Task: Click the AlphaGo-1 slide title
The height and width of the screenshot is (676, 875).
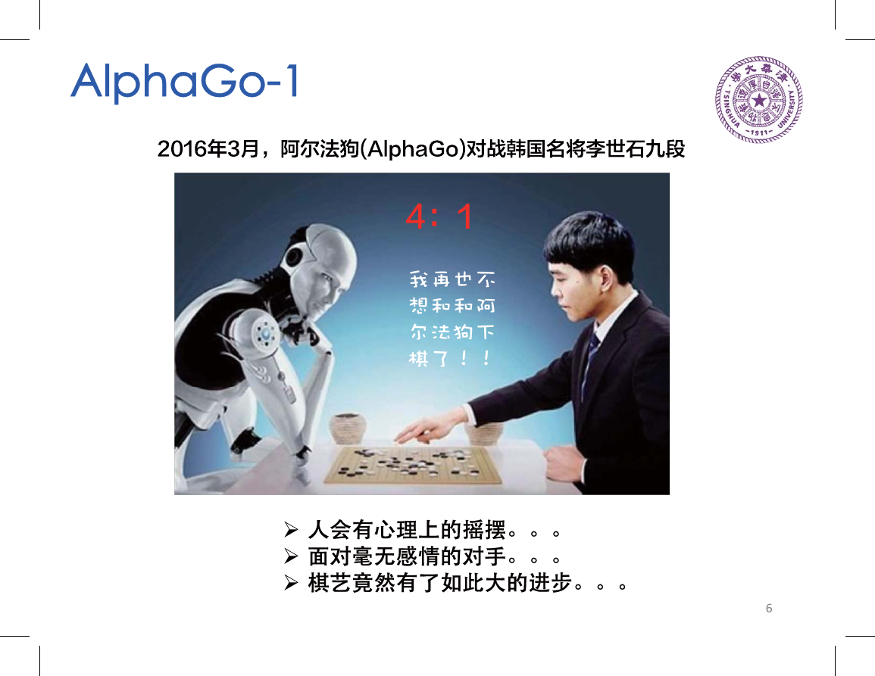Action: pyautogui.click(x=185, y=83)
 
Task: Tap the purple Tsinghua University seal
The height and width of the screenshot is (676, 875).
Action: pyautogui.click(x=759, y=100)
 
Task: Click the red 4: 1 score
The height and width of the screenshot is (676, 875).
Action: pyautogui.click(x=439, y=217)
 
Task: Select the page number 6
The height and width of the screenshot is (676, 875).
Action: pyautogui.click(x=769, y=608)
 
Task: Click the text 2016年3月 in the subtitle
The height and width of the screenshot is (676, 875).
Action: pyautogui.click(x=208, y=149)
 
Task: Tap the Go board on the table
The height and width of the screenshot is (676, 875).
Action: pyautogui.click(x=413, y=465)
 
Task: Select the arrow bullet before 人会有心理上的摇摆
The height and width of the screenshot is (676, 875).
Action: pyautogui.click(x=291, y=529)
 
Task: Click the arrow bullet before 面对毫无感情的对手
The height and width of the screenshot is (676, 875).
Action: pyautogui.click(x=291, y=556)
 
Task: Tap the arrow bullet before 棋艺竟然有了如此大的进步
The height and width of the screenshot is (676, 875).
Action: pyautogui.click(x=291, y=583)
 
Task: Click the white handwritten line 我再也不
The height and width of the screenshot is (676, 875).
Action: pyautogui.click(x=452, y=279)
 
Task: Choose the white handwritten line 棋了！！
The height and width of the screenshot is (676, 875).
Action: pyautogui.click(x=450, y=358)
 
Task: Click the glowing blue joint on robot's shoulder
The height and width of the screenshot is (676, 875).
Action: pyautogui.click(x=266, y=334)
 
